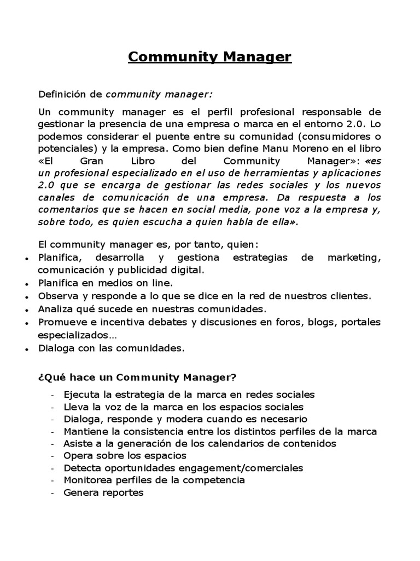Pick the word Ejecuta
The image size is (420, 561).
pyautogui.click(x=81, y=394)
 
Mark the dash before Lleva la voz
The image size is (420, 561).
pyautogui.click(x=52, y=408)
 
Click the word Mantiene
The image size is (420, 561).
pyautogui.click(x=86, y=431)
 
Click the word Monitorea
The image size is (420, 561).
pyautogui.click(x=87, y=480)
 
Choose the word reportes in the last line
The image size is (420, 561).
pyautogui.click(x=124, y=492)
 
